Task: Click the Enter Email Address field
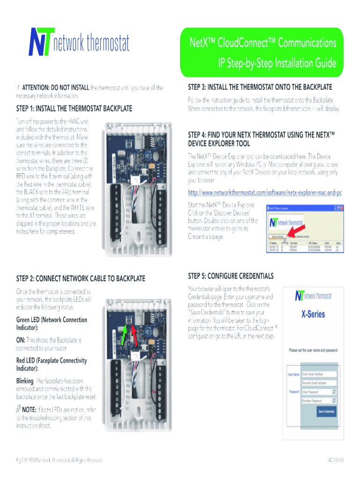coord(319,374)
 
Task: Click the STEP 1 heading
coord(74,109)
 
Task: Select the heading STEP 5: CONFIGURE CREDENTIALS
coord(230,276)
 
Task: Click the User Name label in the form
coord(294,374)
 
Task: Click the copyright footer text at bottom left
coord(59,460)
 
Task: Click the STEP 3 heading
coord(260,87)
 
